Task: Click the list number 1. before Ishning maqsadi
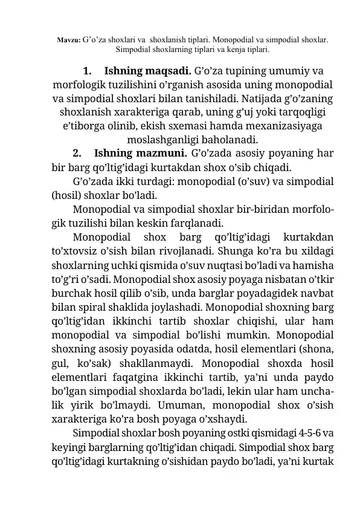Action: (86, 69)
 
